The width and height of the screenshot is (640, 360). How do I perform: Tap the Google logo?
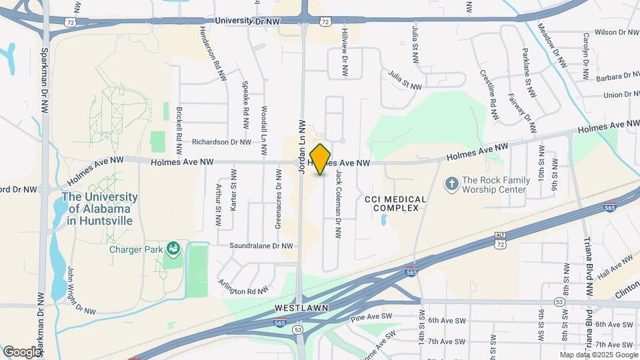(x=22, y=351)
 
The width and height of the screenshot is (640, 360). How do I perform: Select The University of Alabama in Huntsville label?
(x=99, y=209)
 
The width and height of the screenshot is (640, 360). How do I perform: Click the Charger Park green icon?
(x=174, y=249)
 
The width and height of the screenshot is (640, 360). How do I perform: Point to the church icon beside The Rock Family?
(x=451, y=184)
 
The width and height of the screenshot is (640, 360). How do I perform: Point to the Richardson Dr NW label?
(x=221, y=142)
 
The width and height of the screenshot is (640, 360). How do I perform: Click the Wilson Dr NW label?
(x=616, y=32)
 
